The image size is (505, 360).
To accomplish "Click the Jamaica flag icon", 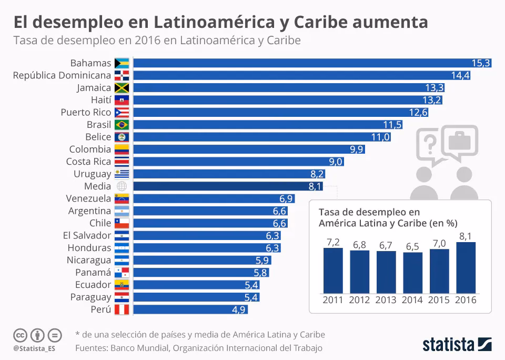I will point(122,88).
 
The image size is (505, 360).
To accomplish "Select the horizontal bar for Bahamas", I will point(310,63).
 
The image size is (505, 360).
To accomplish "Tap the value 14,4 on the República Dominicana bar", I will point(460,75).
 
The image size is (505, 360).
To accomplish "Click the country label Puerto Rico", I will point(86,112).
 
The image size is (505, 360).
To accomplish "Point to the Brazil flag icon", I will point(122,125).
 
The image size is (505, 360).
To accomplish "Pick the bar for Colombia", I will point(247,149).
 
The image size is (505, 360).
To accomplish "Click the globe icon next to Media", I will point(122,186).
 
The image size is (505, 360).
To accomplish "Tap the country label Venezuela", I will point(88,198).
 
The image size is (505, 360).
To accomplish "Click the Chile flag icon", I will point(122,223).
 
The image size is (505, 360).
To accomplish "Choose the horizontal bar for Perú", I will point(189,309).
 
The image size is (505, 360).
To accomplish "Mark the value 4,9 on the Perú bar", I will point(238,309).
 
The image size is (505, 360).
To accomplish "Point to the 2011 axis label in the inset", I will point(332,300).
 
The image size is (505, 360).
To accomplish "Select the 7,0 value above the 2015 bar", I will point(439,243).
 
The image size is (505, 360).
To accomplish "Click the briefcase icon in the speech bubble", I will point(459,141).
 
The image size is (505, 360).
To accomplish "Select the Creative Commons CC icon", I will point(21,335).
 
